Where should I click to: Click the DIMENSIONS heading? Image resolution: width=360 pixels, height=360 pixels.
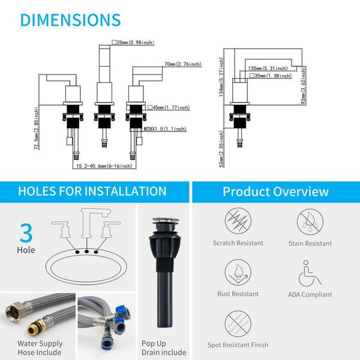coord(70,20)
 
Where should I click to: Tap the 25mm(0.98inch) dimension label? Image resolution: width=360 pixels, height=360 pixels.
coord(133,43)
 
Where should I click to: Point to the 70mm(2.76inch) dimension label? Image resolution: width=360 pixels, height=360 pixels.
coord(183,64)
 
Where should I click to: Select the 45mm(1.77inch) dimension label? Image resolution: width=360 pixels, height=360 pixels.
coord(169,107)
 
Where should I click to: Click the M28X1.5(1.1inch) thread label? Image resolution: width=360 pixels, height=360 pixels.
coord(165,129)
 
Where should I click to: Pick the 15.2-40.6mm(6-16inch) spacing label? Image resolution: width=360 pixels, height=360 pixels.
coord(104,166)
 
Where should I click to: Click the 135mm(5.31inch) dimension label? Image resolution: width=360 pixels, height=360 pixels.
coord(268,68)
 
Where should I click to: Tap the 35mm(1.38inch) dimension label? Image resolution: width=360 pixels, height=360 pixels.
coord(271,76)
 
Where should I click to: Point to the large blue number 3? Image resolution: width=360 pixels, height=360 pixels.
coord(26,233)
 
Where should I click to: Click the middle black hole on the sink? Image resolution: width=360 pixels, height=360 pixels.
coord(86,251)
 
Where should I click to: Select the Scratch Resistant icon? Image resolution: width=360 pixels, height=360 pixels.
coord(238,221)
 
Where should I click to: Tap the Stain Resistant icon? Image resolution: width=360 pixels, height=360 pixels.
coord(310,222)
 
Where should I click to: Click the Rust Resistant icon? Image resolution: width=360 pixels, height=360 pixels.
coord(238,272)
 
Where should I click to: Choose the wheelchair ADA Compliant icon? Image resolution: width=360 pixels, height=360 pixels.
coord(310,274)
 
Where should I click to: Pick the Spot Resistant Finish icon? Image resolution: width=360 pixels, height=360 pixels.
coord(238,324)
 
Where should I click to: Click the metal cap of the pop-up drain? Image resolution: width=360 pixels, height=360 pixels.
coord(164,220)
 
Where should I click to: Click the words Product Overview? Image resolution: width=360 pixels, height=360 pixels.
coord(275,191)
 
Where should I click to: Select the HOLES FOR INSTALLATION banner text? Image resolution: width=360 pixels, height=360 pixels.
coord(92,191)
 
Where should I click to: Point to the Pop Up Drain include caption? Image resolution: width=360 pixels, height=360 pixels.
coord(164,348)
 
